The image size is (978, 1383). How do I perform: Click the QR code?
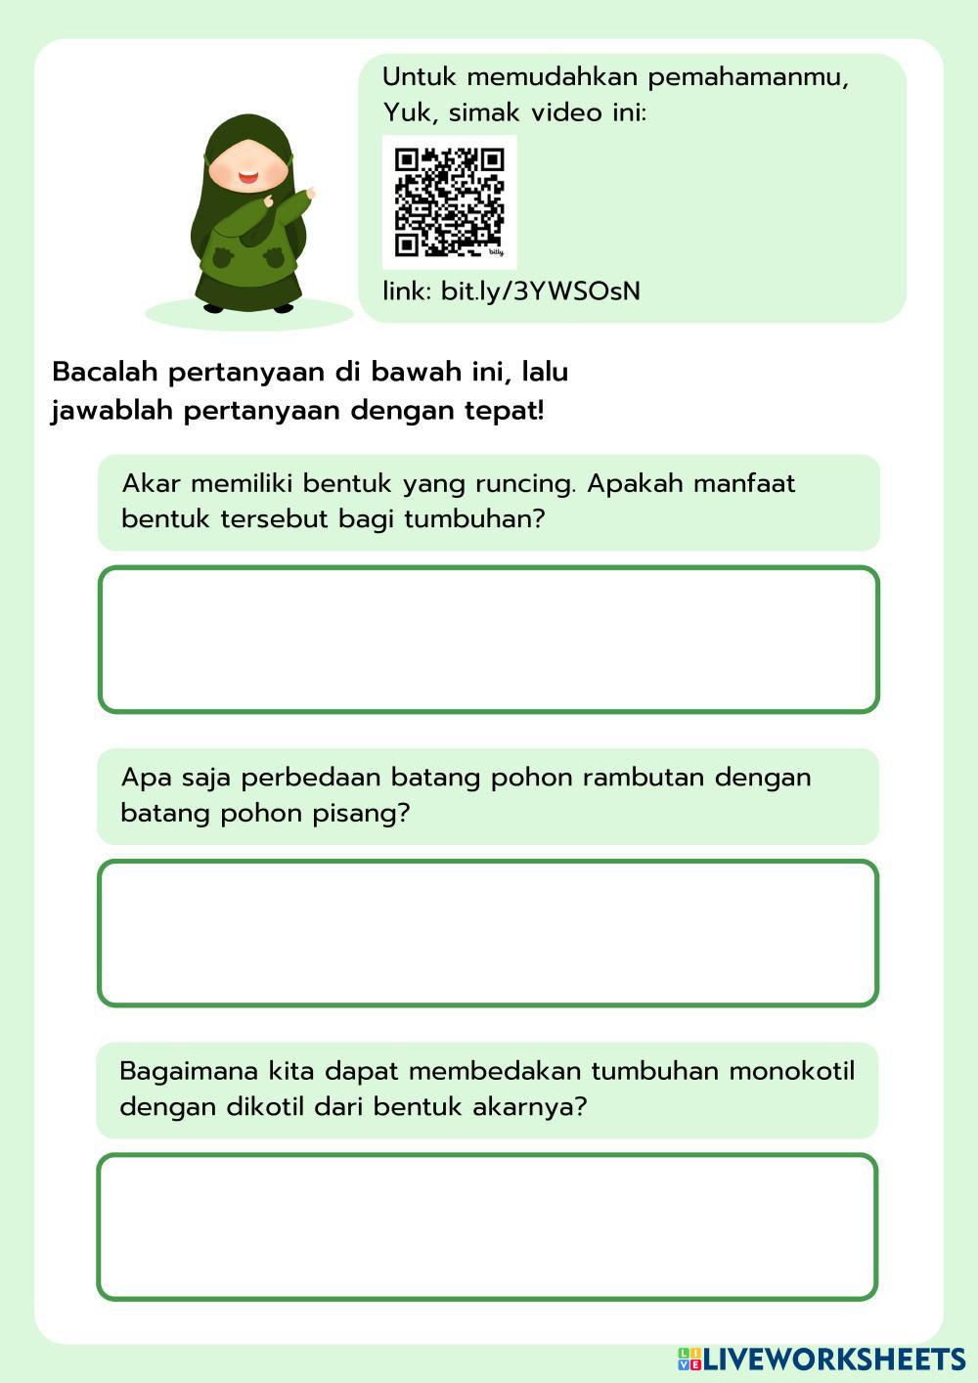pyautogui.click(x=449, y=201)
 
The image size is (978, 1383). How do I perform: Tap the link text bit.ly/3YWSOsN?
pyautogui.click(x=541, y=290)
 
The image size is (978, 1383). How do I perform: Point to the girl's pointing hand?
pyautogui.click(x=311, y=193)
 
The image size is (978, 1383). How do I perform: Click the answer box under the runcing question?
pyautogui.click(x=489, y=640)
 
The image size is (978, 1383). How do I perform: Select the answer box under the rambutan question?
pyautogui.click(x=488, y=933)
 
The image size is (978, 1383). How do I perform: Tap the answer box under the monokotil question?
pyautogui.click(x=487, y=1227)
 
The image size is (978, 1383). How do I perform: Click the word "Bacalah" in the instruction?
pyautogui.click(x=105, y=373)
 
